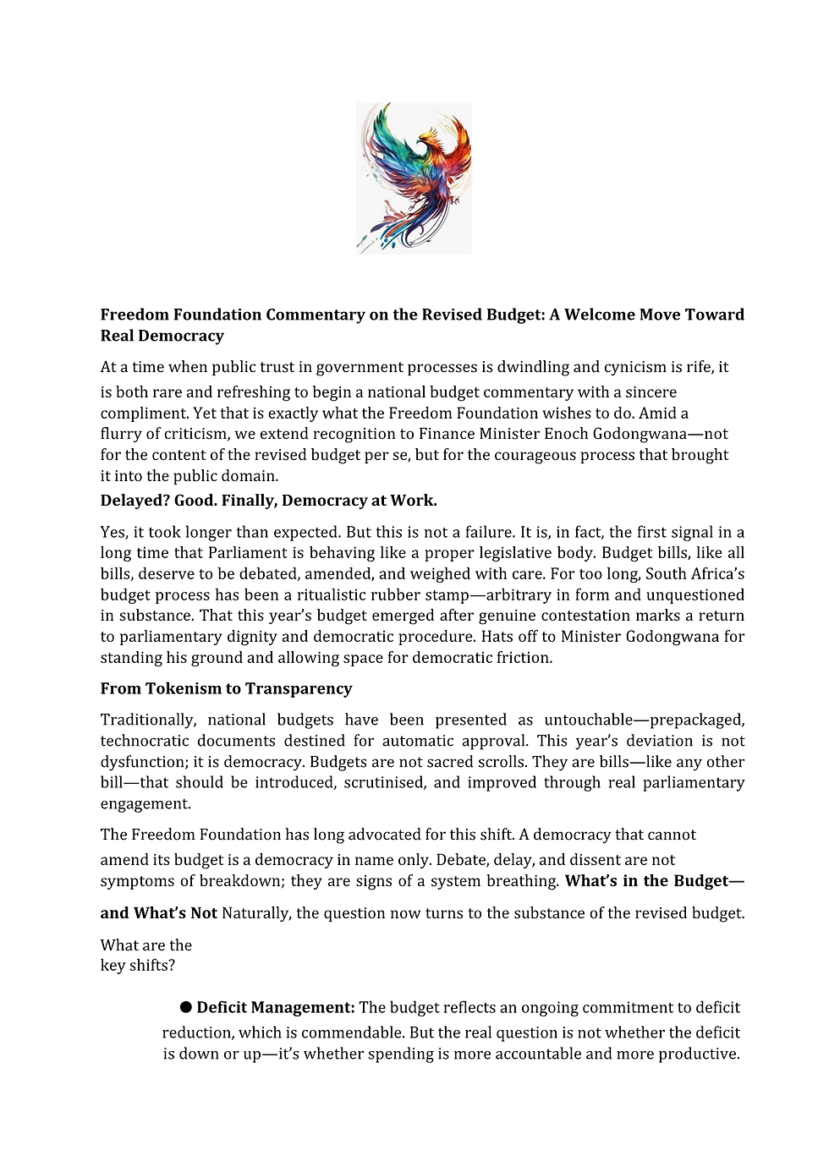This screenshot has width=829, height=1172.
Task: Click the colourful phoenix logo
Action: click(x=414, y=178)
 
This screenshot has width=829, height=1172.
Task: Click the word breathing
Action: click(x=523, y=881)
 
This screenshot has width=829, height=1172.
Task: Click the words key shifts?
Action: click(x=137, y=966)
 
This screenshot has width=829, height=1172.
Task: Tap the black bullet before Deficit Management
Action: click(x=185, y=1007)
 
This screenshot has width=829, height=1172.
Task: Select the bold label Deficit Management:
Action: click(x=276, y=1008)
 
